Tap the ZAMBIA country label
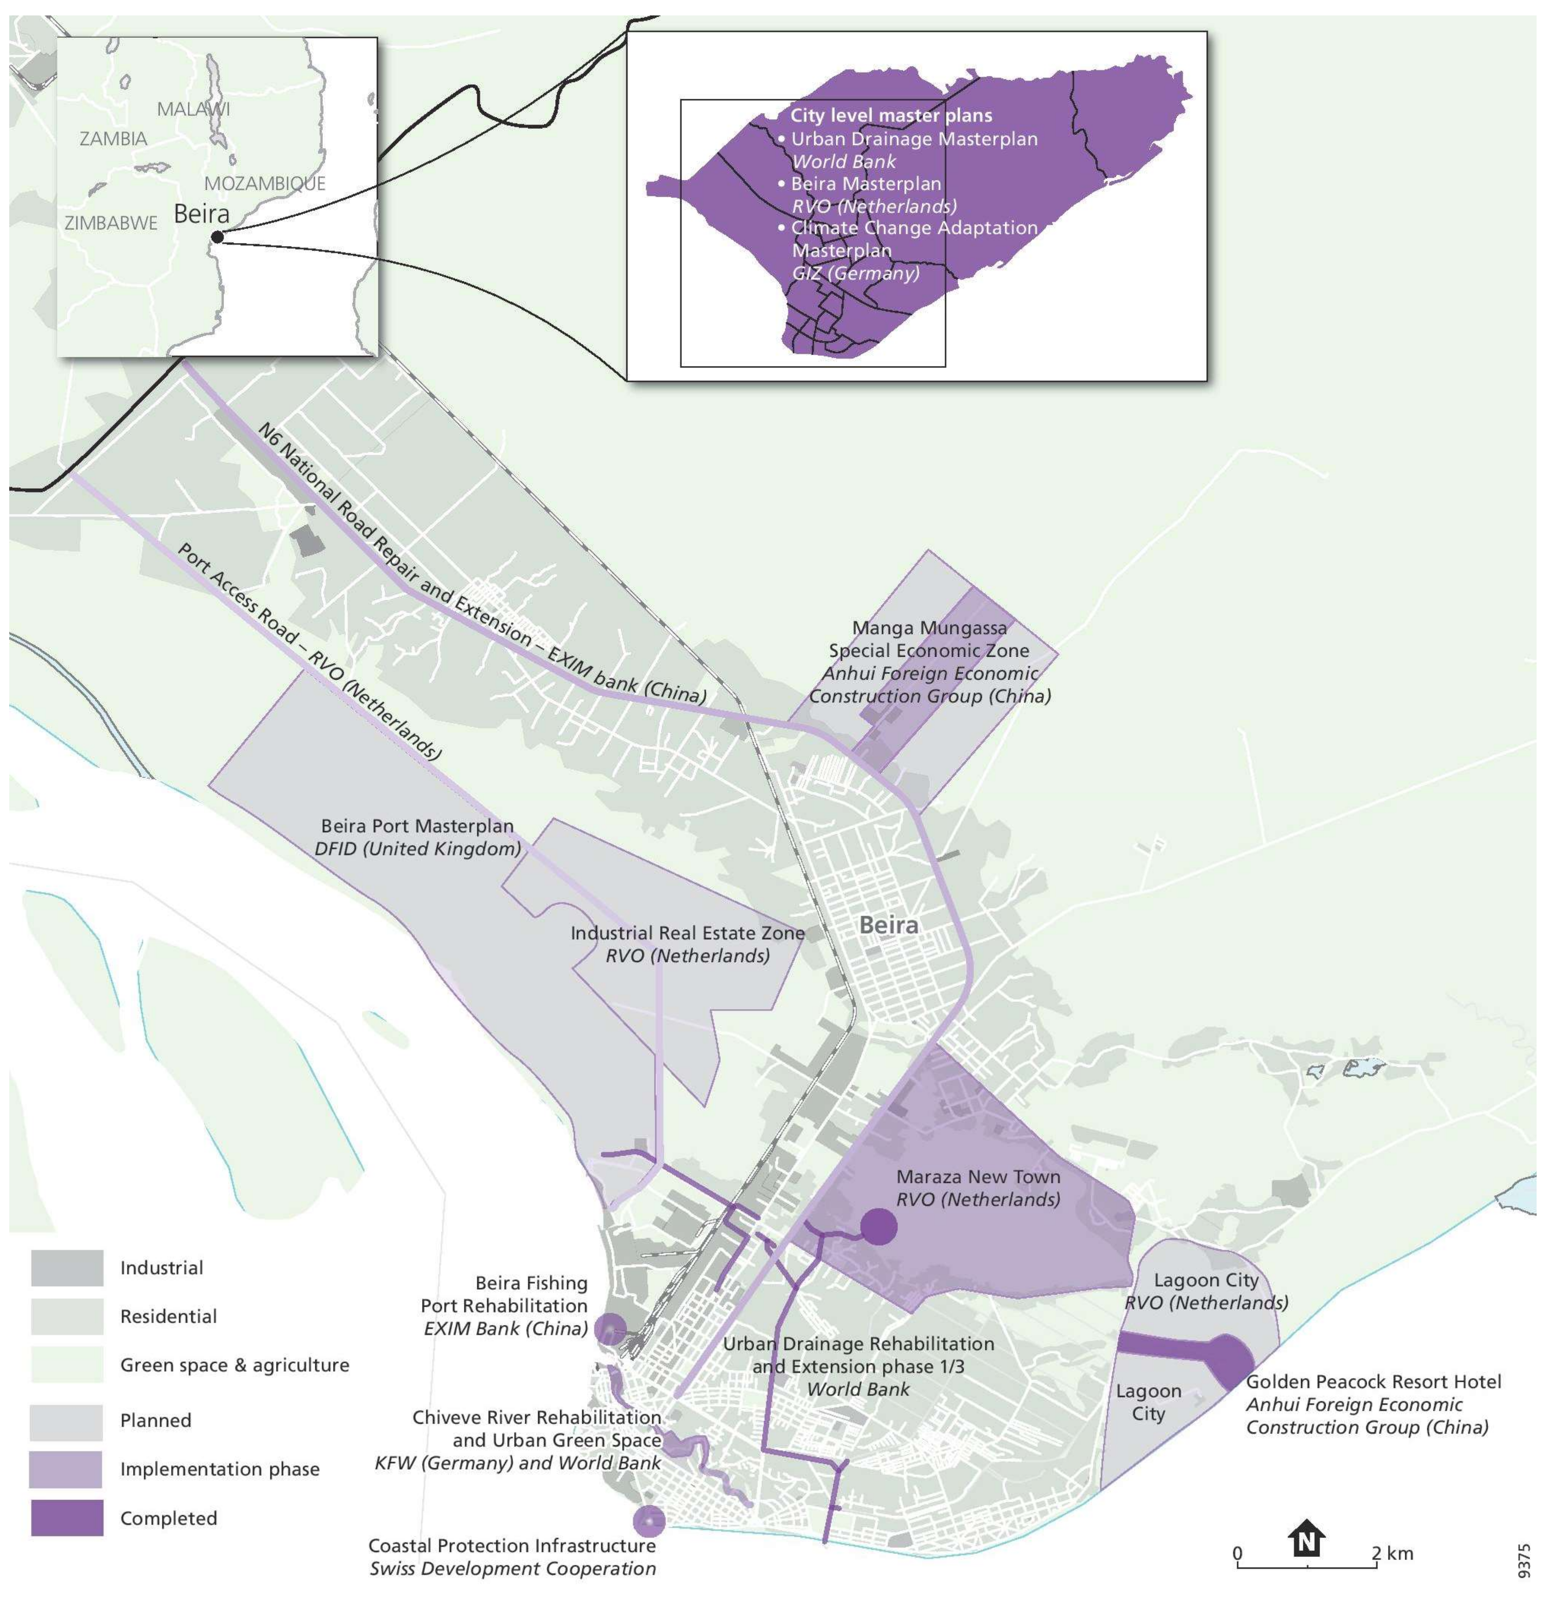click(114, 138)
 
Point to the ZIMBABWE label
click(111, 223)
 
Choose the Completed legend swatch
click(67, 1519)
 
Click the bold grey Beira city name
click(888, 925)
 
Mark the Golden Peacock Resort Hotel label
click(1373, 1382)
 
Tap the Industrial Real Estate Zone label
click(687, 933)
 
